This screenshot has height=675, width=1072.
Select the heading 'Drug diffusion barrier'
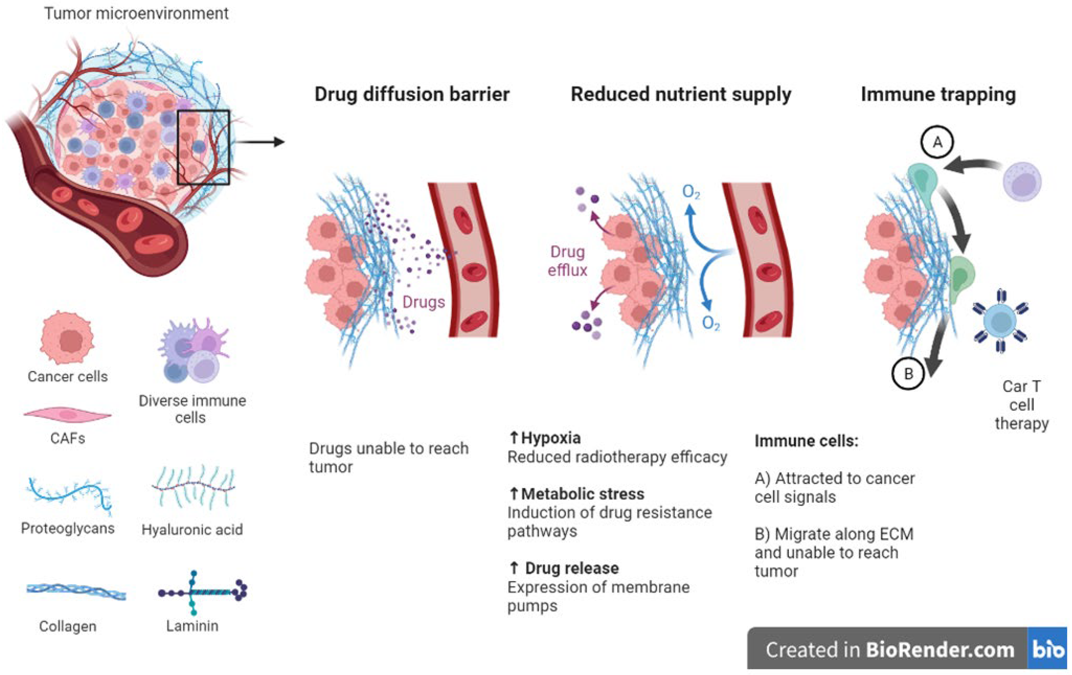(x=412, y=94)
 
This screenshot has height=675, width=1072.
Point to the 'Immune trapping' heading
(x=938, y=94)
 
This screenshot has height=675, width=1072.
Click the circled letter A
(x=937, y=142)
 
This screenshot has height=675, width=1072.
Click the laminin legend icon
(x=203, y=592)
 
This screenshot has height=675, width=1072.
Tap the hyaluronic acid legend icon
(x=193, y=487)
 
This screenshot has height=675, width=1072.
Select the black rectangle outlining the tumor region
(x=203, y=111)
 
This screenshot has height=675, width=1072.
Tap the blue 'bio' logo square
(x=1047, y=649)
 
